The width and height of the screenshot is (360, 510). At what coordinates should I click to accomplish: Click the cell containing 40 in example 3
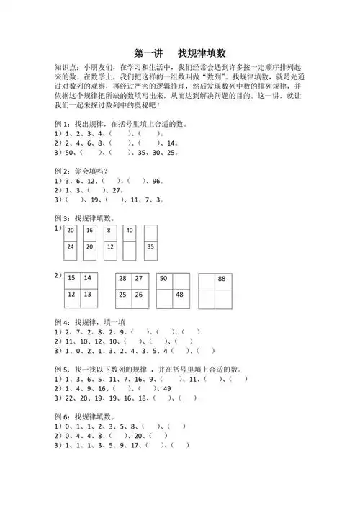pos(130,231)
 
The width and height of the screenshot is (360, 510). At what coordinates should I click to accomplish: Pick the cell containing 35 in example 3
pos(150,247)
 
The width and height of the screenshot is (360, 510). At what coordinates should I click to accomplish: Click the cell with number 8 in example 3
pos(109,231)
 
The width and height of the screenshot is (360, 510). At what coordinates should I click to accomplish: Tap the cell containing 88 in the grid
pos(222,279)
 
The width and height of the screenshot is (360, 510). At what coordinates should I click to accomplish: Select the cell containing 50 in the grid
pos(164,279)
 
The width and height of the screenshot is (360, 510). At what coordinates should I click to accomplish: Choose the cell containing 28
pos(123,279)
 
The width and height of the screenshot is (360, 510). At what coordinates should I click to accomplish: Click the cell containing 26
pos(139,295)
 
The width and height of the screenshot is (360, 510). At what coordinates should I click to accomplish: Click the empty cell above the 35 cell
pos(150,231)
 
